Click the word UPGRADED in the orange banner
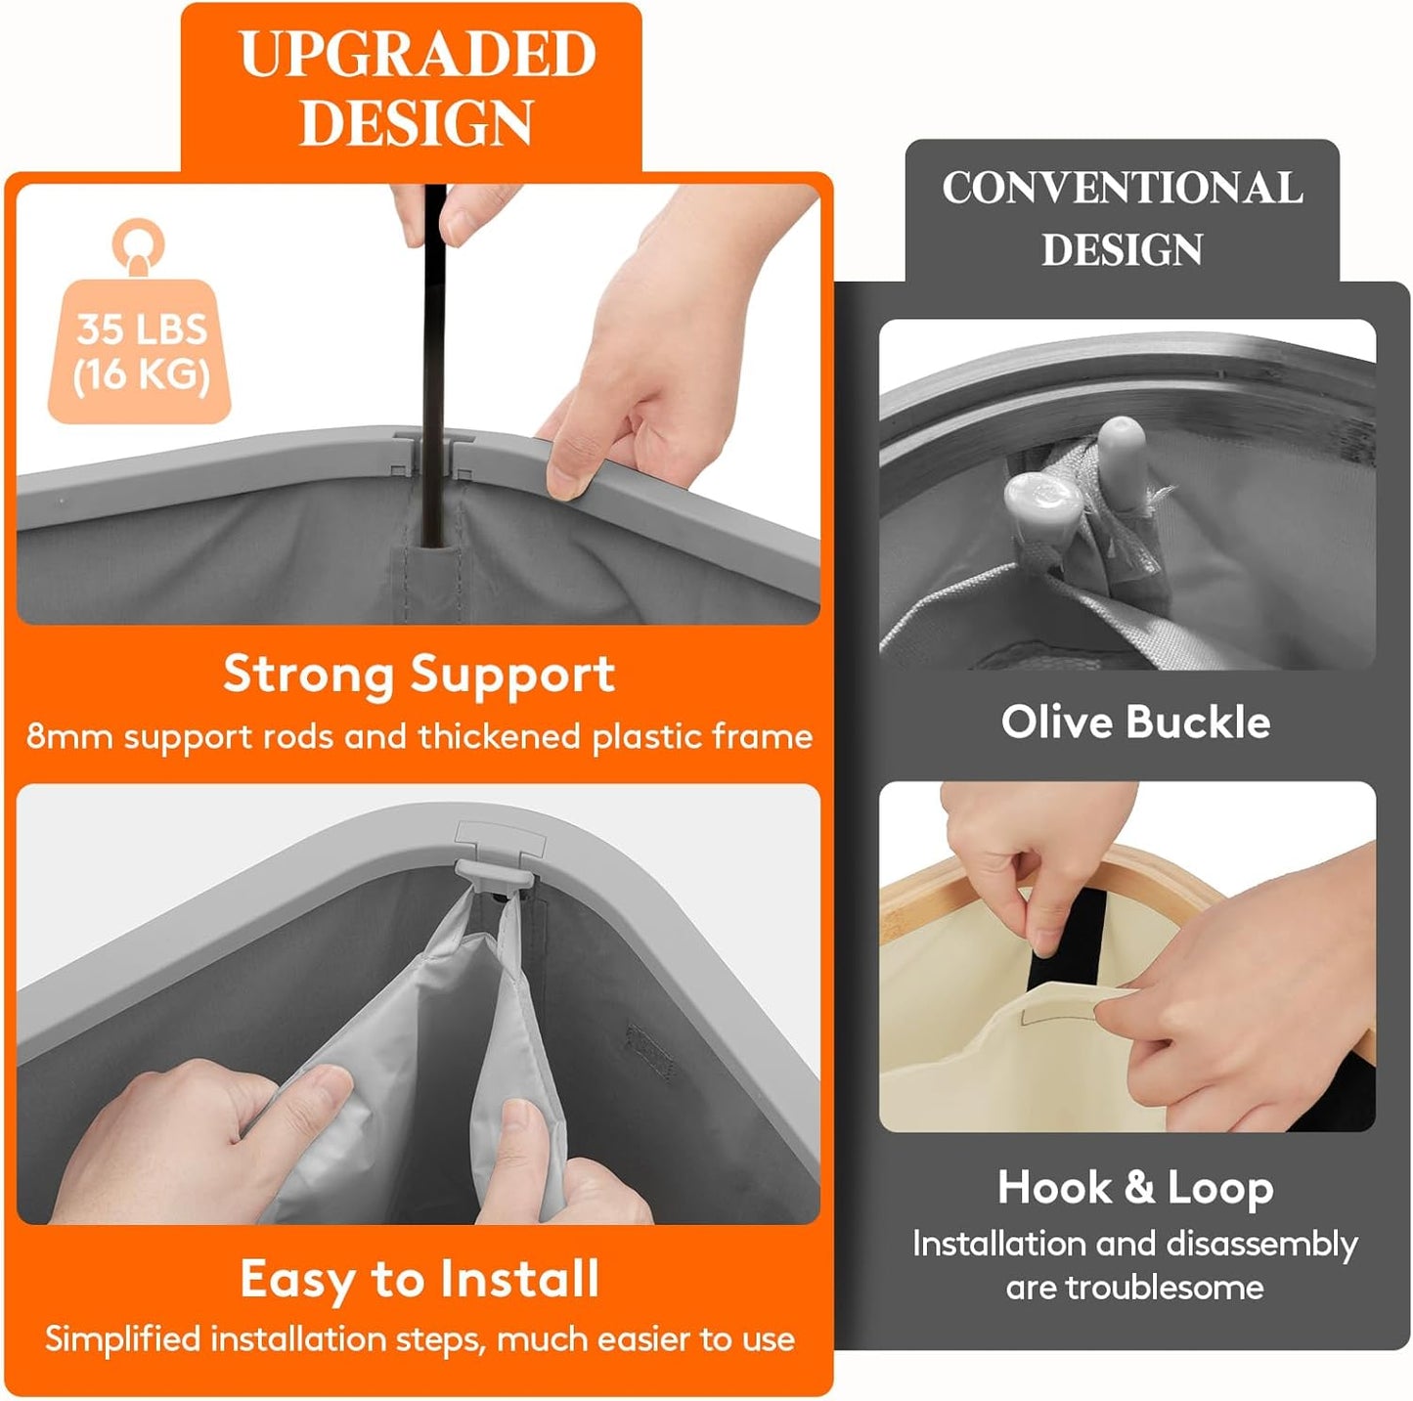click(418, 54)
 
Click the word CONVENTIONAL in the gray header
click(1122, 188)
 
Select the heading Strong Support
click(419, 674)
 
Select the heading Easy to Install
click(419, 1280)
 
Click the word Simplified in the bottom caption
click(122, 1339)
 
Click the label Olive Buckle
click(1135, 722)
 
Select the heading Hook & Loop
click(1135, 1188)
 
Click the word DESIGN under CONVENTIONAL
click(1122, 249)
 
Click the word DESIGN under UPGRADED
click(417, 121)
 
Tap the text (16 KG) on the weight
click(141, 374)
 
